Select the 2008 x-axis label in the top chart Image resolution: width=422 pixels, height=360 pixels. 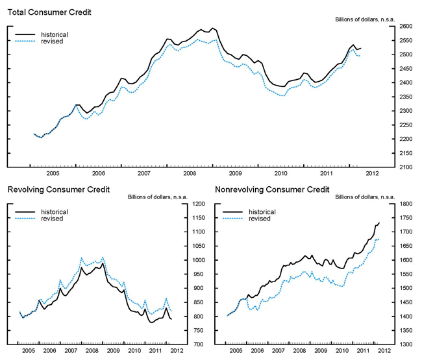coord(189,174)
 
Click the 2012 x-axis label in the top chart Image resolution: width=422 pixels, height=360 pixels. coord(371,174)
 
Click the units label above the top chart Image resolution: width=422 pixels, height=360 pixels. coord(382,20)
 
